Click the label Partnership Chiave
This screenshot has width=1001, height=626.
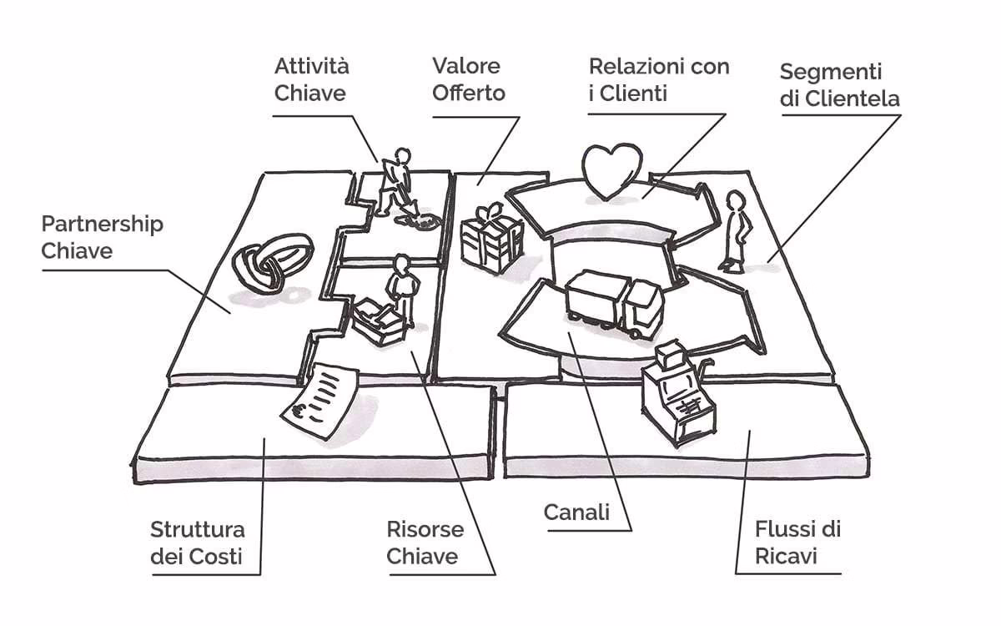click(103, 237)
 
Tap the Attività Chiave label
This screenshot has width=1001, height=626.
click(311, 79)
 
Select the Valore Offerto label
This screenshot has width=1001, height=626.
click(468, 79)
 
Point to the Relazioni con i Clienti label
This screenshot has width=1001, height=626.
click(658, 79)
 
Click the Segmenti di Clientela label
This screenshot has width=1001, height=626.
click(840, 86)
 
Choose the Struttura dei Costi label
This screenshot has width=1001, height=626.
click(198, 543)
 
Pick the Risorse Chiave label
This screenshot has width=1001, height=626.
click(425, 543)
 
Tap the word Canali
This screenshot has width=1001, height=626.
click(576, 512)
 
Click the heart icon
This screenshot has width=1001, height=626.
click(611, 169)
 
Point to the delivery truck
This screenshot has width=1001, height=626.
click(614, 302)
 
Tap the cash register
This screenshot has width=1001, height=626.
click(676, 391)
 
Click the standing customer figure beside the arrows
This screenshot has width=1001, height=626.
click(735, 230)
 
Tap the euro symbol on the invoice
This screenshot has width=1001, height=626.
click(299, 411)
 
